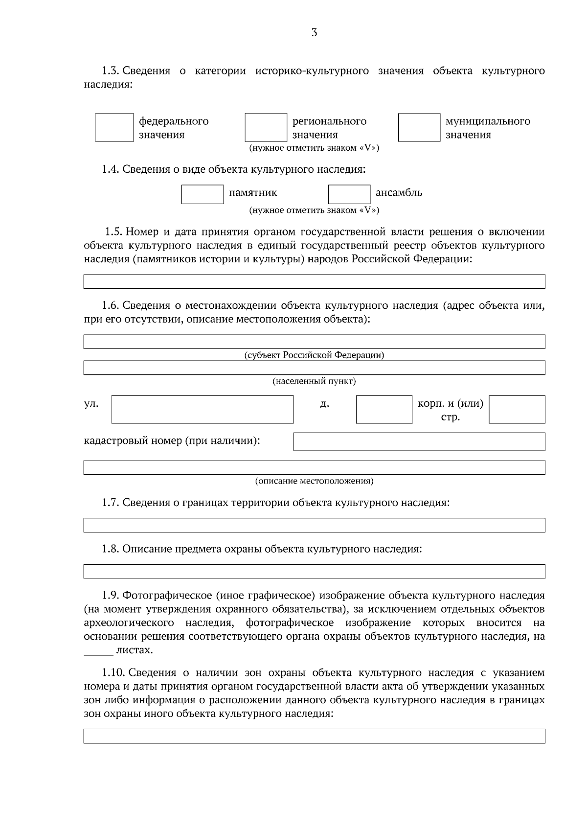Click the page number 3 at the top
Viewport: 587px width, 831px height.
(x=314, y=33)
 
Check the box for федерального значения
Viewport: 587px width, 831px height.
(x=114, y=128)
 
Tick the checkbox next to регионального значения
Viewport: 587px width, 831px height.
(x=266, y=128)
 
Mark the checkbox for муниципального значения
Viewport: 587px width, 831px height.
(x=419, y=128)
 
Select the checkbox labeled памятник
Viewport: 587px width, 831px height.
(x=203, y=194)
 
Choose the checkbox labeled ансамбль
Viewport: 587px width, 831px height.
(x=349, y=194)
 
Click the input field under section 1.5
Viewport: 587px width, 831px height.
(x=314, y=282)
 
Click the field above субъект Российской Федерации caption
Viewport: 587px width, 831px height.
(x=314, y=342)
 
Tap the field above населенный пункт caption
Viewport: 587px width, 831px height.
(x=314, y=368)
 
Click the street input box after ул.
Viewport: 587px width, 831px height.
(x=203, y=410)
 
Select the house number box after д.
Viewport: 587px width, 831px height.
(x=384, y=410)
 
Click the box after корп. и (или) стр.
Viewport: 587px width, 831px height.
(x=517, y=410)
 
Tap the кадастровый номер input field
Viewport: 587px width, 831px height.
(x=419, y=441)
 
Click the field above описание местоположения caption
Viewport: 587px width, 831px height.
(x=314, y=467)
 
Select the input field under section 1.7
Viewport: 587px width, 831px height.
(x=314, y=525)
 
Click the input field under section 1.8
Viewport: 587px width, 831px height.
(x=314, y=572)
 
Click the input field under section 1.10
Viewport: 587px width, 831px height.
(x=314, y=736)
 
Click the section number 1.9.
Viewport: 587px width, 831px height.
(x=111, y=596)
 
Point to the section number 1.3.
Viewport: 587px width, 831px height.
(x=111, y=71)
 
